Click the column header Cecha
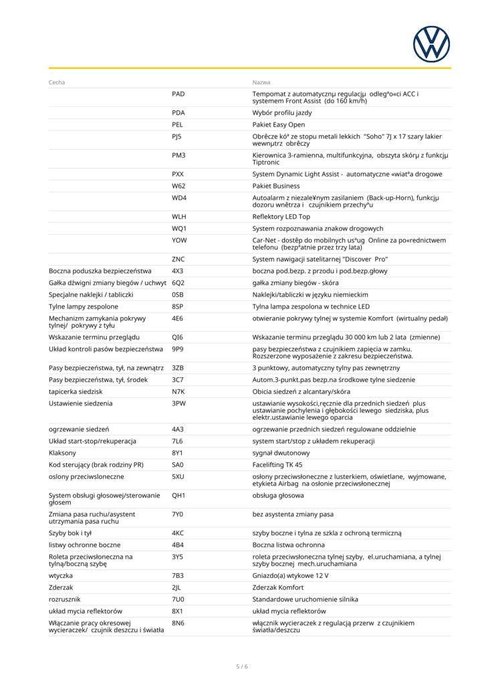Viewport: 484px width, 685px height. [57, 82]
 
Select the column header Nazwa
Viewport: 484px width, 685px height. [261, 82]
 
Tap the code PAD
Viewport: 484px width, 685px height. [178, 94]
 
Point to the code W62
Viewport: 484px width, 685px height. [178, 186]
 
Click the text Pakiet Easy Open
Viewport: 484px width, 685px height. [278, 124]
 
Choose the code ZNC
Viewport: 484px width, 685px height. [178, 259]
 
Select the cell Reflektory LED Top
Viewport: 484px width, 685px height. [281, 217]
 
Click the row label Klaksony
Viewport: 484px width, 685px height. [63, 452]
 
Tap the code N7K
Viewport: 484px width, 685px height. [178, 391]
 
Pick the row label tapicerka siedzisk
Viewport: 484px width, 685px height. [76, 391]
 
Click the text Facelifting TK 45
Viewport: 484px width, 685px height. [277, 464]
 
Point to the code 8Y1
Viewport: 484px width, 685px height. [177, 452]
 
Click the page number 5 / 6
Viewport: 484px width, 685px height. [242, 666]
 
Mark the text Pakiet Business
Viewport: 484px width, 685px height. [276, 186]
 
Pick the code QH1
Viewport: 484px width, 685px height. [178, 496]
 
